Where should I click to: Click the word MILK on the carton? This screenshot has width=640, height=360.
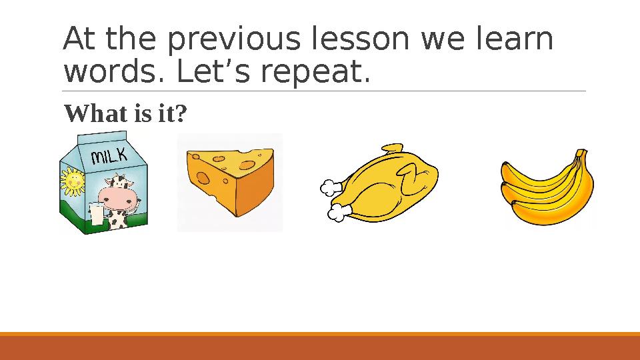pos(108,157)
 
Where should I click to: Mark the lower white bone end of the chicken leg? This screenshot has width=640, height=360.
pos(337,213)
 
